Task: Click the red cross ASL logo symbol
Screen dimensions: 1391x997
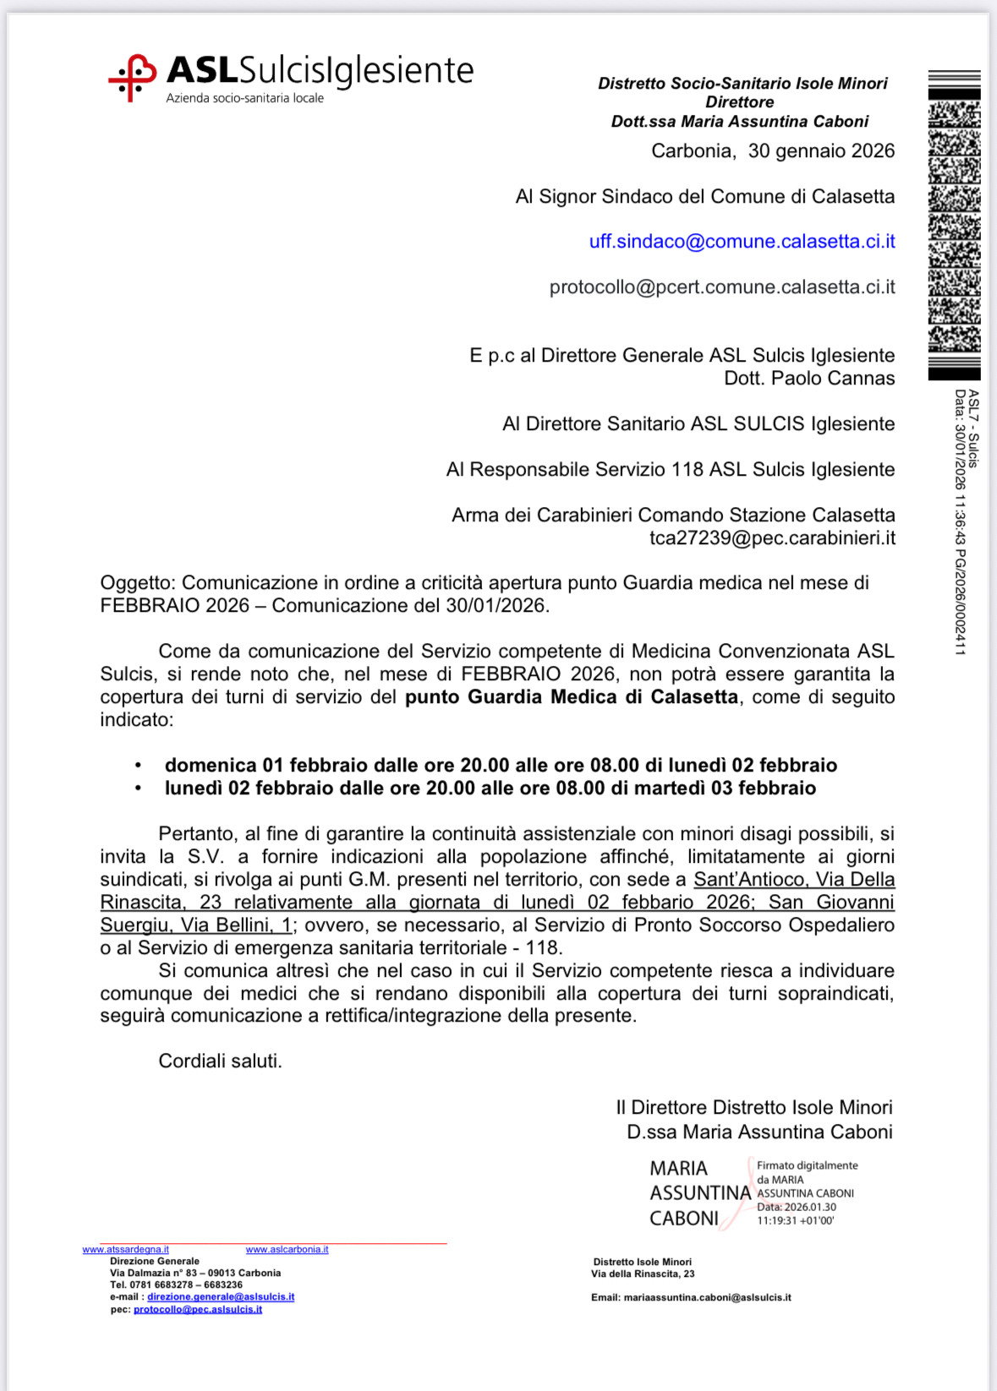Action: [x=132, y=78]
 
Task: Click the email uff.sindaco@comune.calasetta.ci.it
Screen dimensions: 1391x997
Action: [x=742, y=242]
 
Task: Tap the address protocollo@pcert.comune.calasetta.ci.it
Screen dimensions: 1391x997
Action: [x=722, y=287]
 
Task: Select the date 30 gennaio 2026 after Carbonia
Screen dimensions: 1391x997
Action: [x=821, y=151]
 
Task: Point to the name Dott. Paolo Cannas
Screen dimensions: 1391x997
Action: [x=809, y=379]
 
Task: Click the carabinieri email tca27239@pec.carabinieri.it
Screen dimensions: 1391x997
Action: [x=772, y=538]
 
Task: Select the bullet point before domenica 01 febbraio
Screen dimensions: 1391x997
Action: [x=138, y=766]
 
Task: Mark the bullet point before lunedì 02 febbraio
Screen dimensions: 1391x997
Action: [x=138, y=788]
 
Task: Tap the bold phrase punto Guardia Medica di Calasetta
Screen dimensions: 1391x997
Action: [x=571, y=697]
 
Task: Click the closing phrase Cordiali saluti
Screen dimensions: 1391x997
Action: [x=220, y=1061]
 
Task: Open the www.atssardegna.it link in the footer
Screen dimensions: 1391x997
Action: [x=125, y=1249]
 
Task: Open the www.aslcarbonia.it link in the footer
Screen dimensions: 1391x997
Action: [x=287, y=1249]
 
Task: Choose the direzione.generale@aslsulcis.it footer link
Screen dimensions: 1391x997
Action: [x=221, y=1297]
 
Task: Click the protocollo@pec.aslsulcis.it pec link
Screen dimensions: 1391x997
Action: [x=198, y=1310]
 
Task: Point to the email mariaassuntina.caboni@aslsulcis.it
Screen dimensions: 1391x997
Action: [x=707, y=1297]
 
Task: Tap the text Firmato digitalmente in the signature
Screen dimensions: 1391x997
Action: [x=807, y=1165]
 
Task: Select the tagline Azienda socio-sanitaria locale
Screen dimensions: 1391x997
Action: [x=244, y=99]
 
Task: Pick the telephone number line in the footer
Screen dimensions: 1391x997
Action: [x=176, y=1285]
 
